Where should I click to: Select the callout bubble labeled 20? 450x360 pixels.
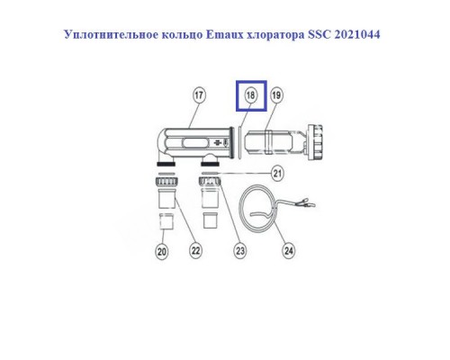(x=162, y=251)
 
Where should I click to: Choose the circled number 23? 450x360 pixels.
(x=240, y=251)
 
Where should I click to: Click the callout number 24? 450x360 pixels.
(x=288, y=251)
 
